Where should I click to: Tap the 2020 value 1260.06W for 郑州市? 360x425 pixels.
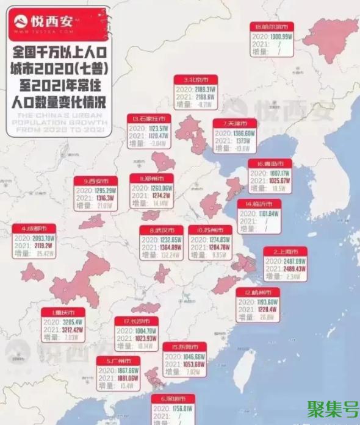tap(159, 188)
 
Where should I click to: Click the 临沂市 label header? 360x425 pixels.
tap(259, 204)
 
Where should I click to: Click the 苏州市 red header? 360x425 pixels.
tap(210, 230)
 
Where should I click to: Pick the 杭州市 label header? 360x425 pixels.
tap(257, 292)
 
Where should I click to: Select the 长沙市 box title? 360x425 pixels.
tap(136, 321)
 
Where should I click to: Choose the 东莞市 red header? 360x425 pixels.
tap(184, 347)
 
